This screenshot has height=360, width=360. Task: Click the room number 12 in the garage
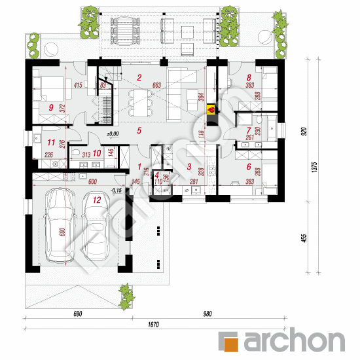(96, 198)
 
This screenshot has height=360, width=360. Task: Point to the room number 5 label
(139, 130)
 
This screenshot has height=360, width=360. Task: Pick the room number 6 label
(249, 167)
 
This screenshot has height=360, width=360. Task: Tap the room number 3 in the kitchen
(189, 167)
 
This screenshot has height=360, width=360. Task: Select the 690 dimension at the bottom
(77, 314)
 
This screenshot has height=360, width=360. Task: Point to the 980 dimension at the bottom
(207, 314)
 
